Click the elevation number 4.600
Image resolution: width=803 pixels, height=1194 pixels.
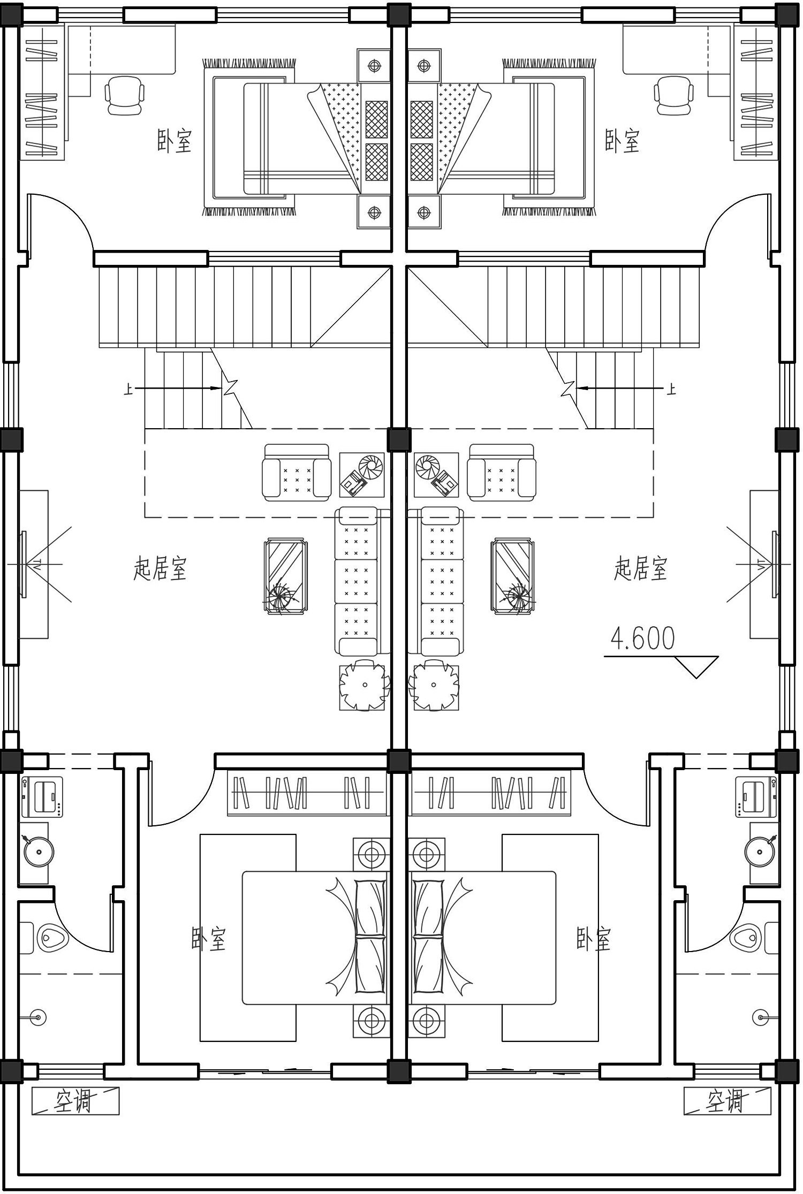tap(642, 638)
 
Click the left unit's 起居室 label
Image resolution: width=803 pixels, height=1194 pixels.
tap(160, 568)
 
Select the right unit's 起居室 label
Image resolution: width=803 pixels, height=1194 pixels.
tap(641, 568)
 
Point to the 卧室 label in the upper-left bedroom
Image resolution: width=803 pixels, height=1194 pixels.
tap(175, 141)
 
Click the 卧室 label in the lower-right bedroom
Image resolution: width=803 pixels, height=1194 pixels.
tap(594, 938)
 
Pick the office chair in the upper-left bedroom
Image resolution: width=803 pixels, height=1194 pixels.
tap(125, 95)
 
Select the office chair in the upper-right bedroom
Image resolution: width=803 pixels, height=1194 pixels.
tap(673, 95)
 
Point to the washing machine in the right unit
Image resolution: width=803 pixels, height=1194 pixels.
tap(756, 797)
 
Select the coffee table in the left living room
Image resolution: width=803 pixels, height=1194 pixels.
tap(285, 576)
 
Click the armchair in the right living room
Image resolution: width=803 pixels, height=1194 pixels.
tap(502, 473)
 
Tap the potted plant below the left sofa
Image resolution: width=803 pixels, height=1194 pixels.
tap(364, 685)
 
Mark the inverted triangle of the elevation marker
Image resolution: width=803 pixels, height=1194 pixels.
tap(696, 667)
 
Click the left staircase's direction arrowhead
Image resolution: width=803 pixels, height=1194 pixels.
tap(217, 388)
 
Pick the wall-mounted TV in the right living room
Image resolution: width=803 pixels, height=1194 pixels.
tap(775, 564)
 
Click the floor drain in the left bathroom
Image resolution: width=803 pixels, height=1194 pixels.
tap(38, 1017)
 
